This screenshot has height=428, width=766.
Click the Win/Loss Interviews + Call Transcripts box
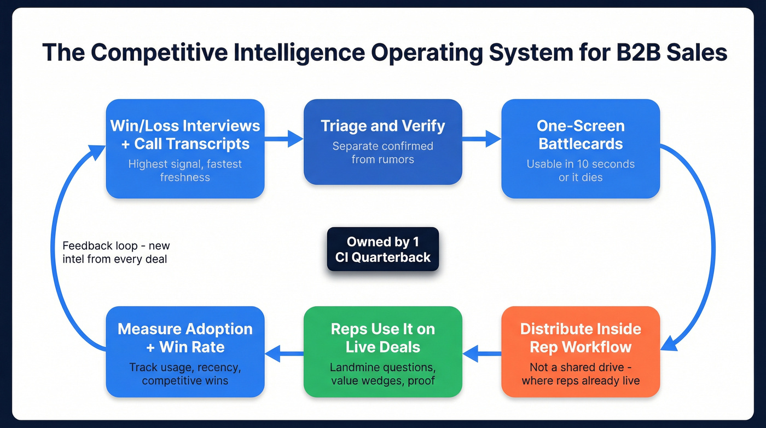click(x=185, y=148)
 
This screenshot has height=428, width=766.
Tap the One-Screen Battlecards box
click(x=581, y=148)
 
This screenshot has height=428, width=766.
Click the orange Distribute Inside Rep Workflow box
click(x=581, y=351)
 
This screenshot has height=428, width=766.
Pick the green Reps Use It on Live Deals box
click(x=382, y=351)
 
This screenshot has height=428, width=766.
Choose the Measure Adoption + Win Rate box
click(x=185, y=351)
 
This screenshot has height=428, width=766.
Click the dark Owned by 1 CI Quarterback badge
click(x=382, y=249)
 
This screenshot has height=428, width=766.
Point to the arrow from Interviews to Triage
click(x=284, y=139)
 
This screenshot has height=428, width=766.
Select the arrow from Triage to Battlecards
click(x=481, y=139)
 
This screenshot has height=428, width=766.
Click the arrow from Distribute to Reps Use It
click(x=481, y=353)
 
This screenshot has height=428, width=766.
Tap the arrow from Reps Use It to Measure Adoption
click(x=284, y=353)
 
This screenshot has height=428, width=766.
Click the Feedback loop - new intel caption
click(x=116, y=253)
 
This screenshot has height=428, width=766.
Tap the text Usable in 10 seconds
click(x=581, y=164)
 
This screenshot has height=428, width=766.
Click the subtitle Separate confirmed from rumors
click(x=382, y=153)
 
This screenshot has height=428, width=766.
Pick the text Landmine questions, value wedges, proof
click(x=382, y=373)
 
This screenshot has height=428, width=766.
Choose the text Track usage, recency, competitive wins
click(x=185, y=373)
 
